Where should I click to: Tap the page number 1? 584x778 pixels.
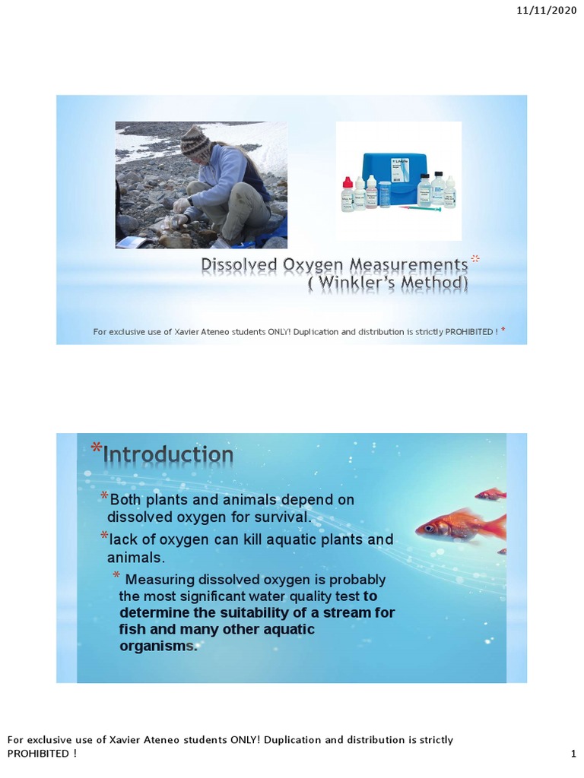point(573,754)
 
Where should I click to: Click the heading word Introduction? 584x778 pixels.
point(168,454)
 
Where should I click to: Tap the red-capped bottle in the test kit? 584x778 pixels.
point(348,194)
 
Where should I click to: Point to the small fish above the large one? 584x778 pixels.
point(490,495)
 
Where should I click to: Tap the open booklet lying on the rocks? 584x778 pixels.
point(131,242)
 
